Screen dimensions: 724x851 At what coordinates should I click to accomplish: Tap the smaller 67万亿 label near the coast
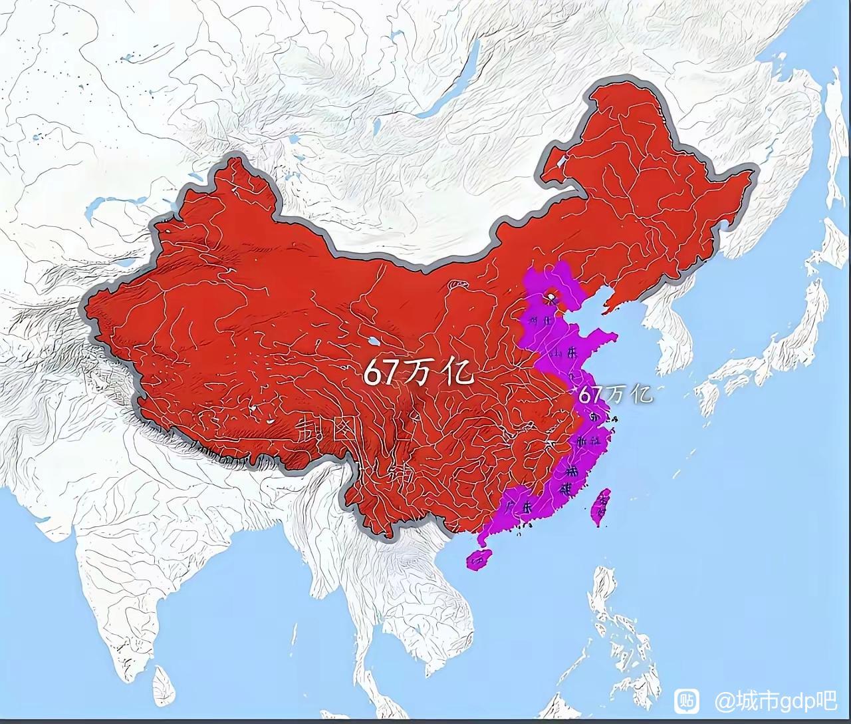tap(615, 394)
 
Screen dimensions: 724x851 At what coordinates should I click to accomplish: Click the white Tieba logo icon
tap(687, 700)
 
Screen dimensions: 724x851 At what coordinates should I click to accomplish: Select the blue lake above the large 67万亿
tap(373, 342)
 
